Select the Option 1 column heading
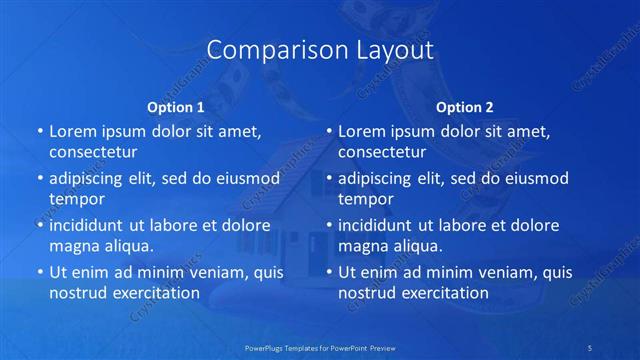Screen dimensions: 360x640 [x=176, y=106]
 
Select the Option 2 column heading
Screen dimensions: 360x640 [x=465, y=106]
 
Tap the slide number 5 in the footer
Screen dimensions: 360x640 [x=590, y=347]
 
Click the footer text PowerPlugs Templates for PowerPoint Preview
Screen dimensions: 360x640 [x=320, y=347]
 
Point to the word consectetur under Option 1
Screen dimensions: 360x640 [x=93, y=153]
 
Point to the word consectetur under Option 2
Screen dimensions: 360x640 [x=382, y=153]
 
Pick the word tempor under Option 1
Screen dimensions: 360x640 [x=77, y=199]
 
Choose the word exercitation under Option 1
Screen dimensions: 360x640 [x=158, y=293]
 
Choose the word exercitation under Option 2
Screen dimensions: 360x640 [x=447, y=293]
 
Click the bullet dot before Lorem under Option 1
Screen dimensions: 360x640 [x=40, y=132]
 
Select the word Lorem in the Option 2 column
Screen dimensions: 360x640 [x=361, y=132]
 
